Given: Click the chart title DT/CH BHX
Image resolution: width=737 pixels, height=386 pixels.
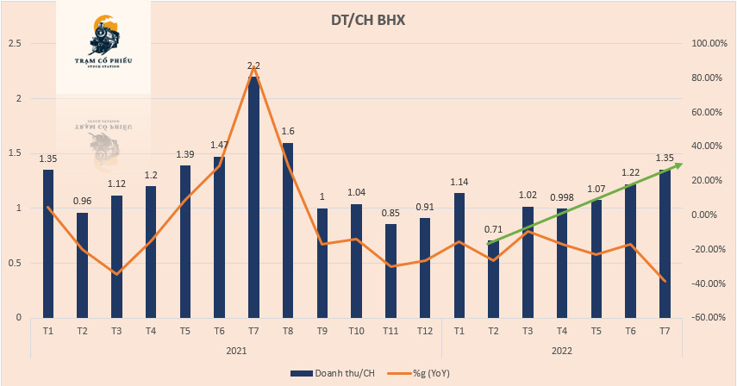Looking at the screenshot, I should click(368, 19).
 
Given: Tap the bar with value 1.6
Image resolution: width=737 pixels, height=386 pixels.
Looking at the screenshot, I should click(288, 229).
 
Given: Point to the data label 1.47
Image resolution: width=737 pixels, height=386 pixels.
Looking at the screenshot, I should click(219, 146).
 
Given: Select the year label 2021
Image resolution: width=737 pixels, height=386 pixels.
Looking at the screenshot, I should click(236, 351).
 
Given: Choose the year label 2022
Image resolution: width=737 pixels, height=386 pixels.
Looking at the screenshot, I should click(561, 351).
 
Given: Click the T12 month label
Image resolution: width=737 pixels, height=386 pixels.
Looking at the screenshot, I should click(424, 331).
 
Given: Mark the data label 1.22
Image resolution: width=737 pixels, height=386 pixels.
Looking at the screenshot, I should click(630, 173).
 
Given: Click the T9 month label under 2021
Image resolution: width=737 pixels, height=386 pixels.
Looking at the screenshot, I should click(322, 331).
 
